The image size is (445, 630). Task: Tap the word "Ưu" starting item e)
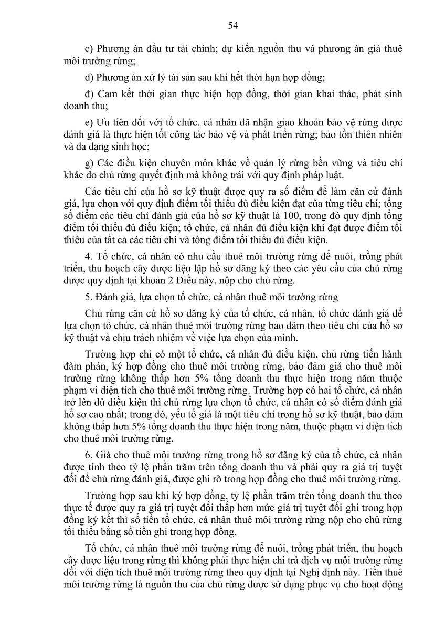[x=103, y=122]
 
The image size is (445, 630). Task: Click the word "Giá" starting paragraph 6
[x=104, y=453]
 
